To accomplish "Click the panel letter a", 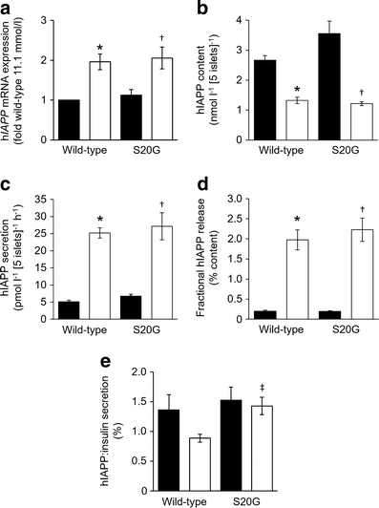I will pyautogui.click(x=7, y=8).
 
